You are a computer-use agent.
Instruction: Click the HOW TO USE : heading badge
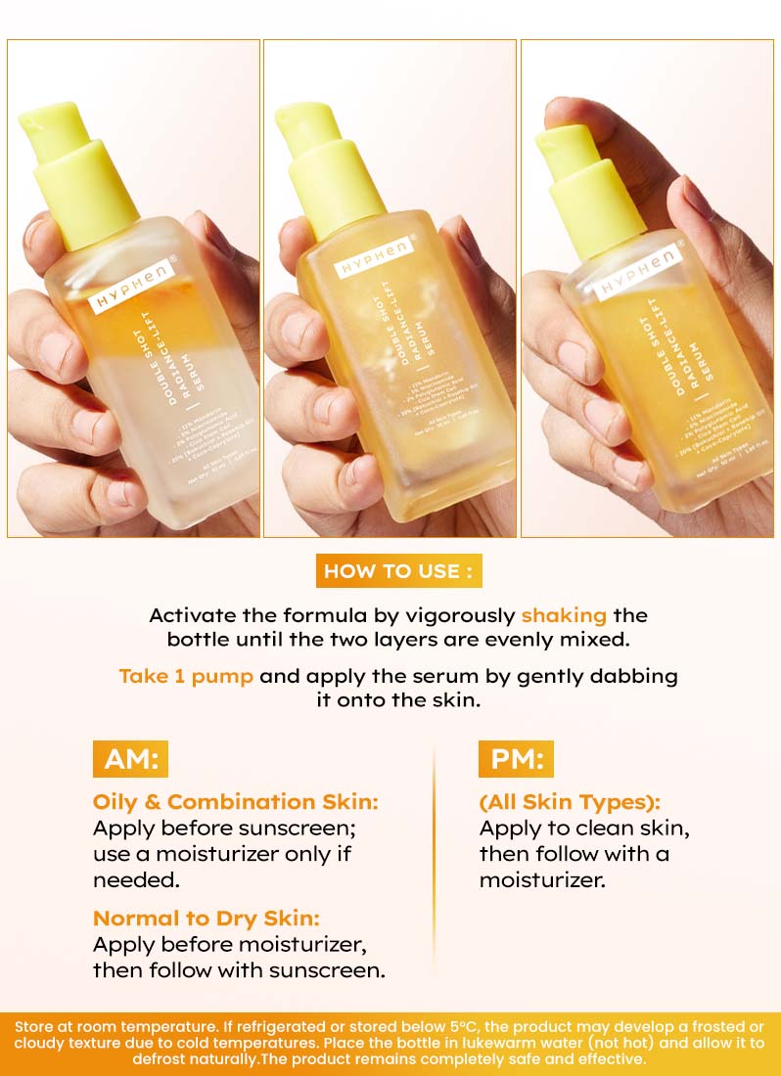pyautogui.click(x=398, y=571)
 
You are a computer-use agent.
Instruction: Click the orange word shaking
pyautogui.click(x=564, y=615)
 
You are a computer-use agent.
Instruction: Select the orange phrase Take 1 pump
pyautogui.click(x=186, y=676)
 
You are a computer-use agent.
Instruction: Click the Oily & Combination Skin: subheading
pyautogui.click(x=235, y=801)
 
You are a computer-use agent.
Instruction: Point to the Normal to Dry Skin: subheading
pyautogui.click(x=207, y=919)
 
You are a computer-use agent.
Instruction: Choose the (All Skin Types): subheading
pyautogui.click(x=571, y=801)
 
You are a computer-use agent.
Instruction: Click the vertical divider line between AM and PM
pyautogui.click(x=434, y=861)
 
